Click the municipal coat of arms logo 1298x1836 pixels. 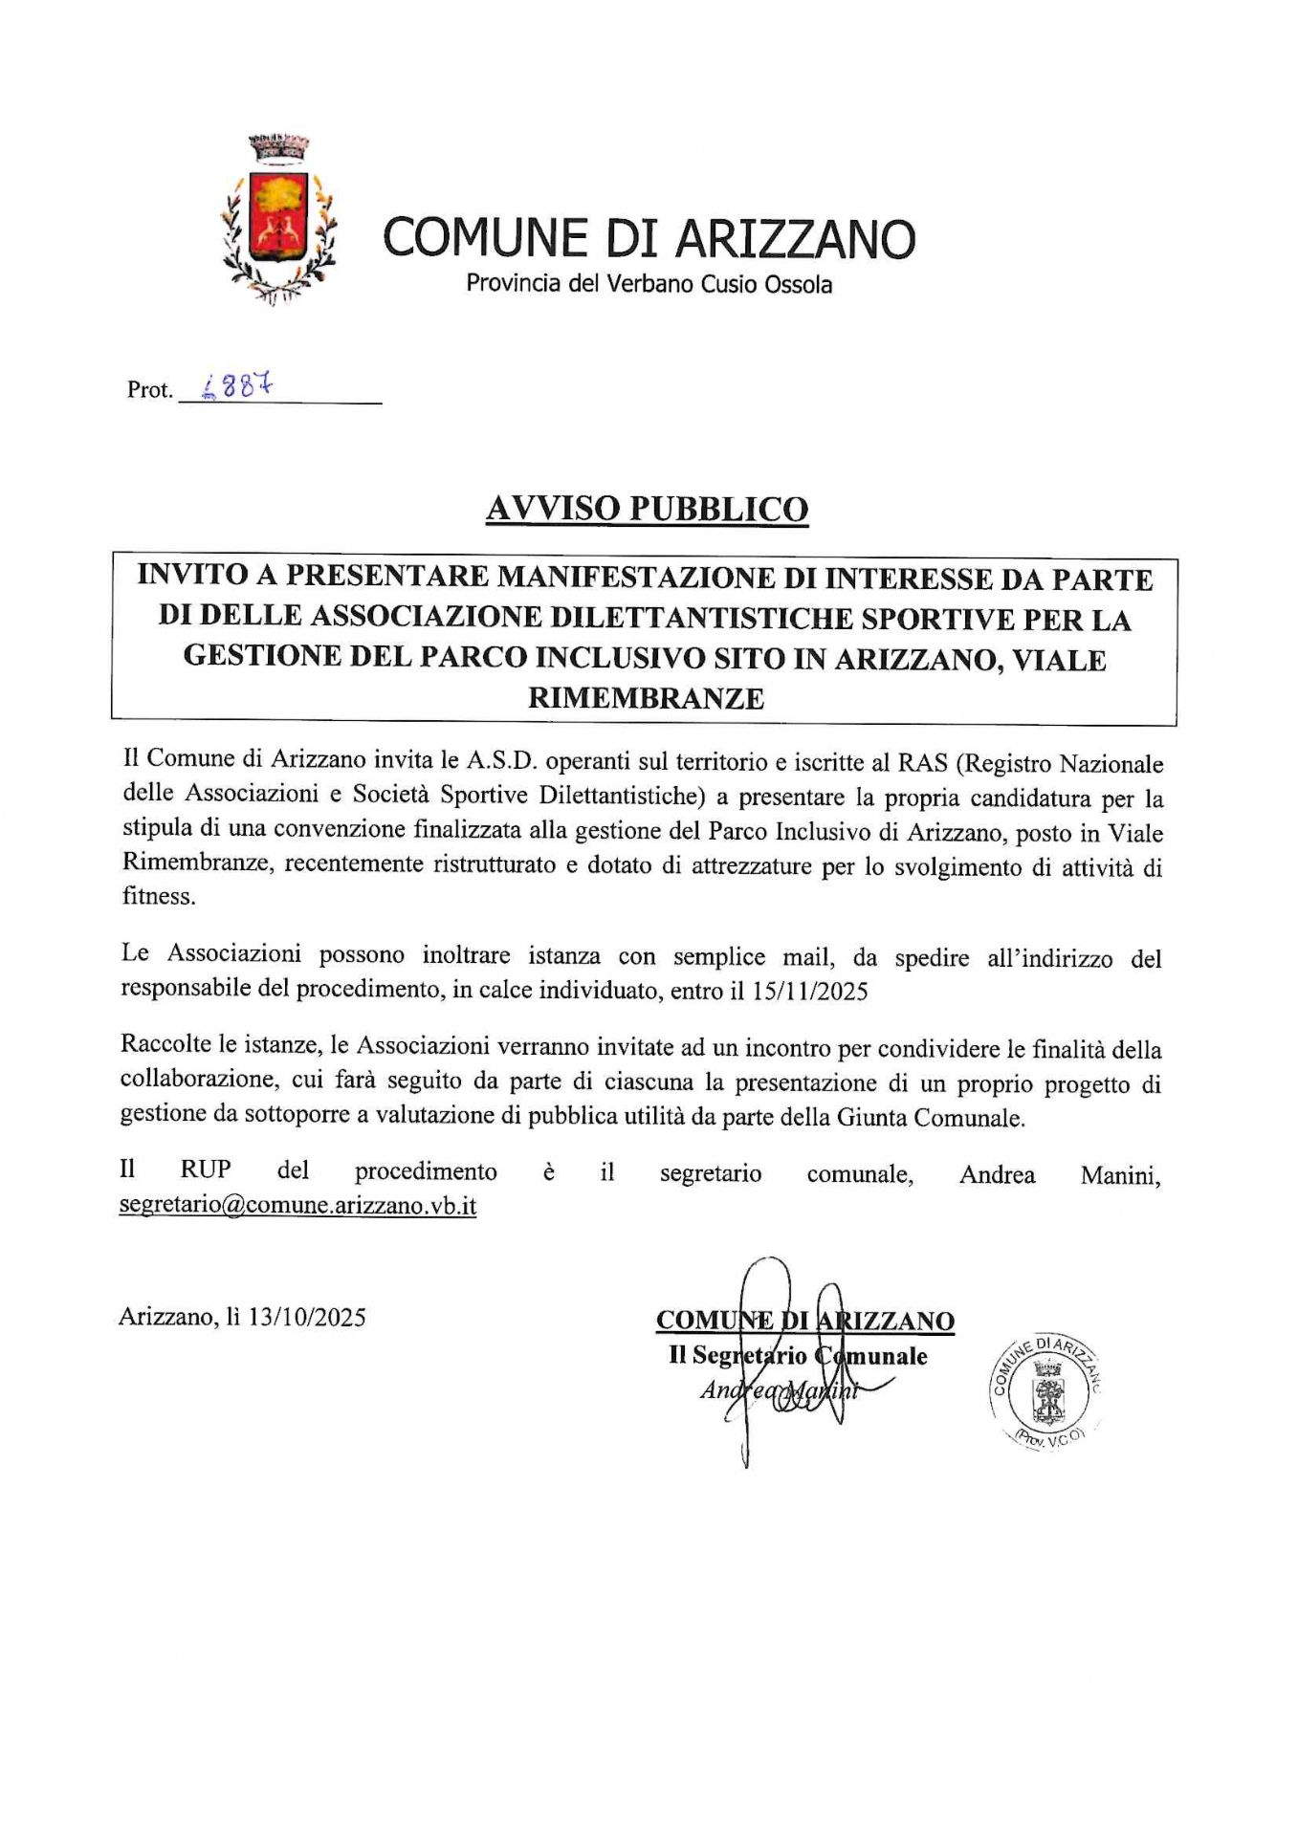tap(278, 218)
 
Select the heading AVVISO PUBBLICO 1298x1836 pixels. tap(647, 509)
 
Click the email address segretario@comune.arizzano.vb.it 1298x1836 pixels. tap(297, 1205)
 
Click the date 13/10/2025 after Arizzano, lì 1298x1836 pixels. tap(306, 1318)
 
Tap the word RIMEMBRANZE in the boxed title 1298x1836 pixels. tap(646, 698)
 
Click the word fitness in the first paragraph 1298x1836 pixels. tap(158, 896)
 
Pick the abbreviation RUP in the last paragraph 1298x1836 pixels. tap(206, 1171)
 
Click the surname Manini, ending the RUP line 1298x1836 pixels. tap(1120, 1175)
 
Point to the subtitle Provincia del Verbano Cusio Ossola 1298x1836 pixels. tap(649, 285)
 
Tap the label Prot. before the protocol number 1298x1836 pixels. tap(149, 390)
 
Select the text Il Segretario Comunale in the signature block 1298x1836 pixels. tap(798, 1356)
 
